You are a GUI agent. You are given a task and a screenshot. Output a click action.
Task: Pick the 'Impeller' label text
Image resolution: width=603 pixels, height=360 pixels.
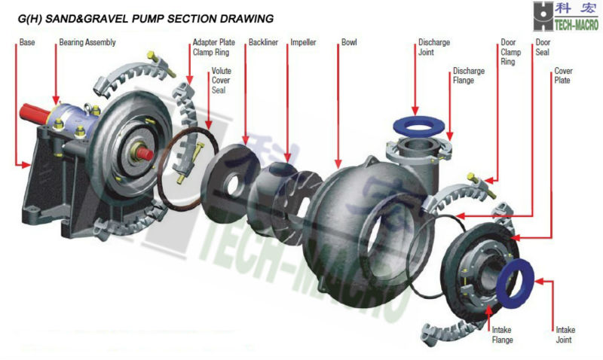click(303, 43)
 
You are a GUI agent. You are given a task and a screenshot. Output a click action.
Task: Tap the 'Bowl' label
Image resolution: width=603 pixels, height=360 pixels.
click(349, 43)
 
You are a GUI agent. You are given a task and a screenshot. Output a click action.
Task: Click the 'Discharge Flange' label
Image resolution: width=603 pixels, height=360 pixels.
click(464, 76)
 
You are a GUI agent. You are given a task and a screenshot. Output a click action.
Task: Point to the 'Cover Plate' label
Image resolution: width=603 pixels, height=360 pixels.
click(563, 76)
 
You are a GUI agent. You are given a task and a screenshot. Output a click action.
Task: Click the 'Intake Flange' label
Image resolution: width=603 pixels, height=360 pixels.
click(502, 335)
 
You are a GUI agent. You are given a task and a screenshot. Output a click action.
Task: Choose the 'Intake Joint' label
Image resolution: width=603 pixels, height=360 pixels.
click(565, 335)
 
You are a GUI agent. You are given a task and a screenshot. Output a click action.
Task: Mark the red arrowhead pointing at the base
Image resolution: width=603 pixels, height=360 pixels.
click(20, 163)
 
